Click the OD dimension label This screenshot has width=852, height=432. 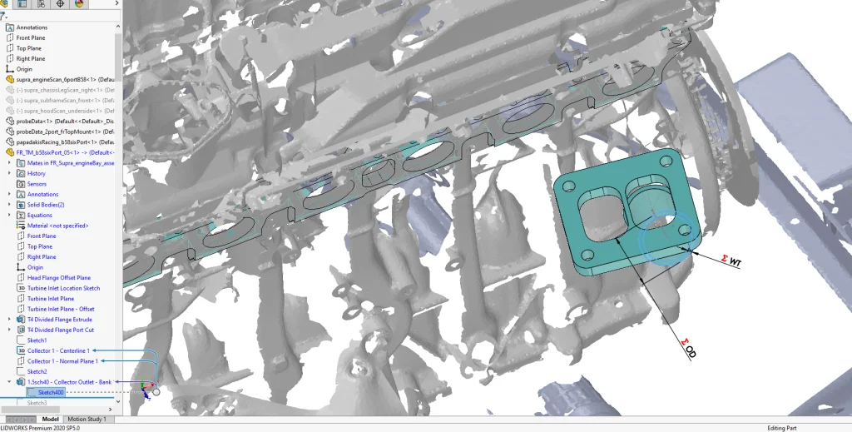pyautogui.click(x=690, y=348)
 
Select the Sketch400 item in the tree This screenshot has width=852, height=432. pyautogui.click(x=51, y=392)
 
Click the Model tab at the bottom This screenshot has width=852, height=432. pyautogui.click(x=51, y=419)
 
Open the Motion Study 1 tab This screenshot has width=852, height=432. pyautogui.click(x=87, y=419)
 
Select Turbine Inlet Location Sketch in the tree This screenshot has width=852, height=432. pyautogui.click(x=64, y=288)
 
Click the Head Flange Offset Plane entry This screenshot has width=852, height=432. pyautogui.click(x=59, y=277)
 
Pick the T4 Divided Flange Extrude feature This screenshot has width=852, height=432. pyautogui.click(x=60, y=319)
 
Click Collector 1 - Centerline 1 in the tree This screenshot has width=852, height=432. pyautogui.click(x=58, y=350)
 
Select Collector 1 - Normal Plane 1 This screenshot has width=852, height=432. pyautogui.click(x=62, y=361)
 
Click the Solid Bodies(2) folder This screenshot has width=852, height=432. pyautogui.click(x=46, y=205)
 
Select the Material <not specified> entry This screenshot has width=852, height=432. pyautogui.click(x=57, y=226)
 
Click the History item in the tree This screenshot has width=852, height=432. pyautogui.click(x=37, y=173)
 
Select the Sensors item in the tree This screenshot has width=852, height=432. pyautogui.click(x=37, y=184)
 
